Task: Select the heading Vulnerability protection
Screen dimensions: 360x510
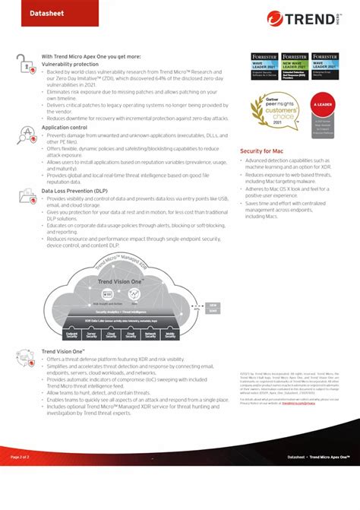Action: [74, 65]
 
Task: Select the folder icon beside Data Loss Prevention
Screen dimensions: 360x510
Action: [27, 197]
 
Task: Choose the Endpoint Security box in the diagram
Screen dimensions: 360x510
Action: [73, 334]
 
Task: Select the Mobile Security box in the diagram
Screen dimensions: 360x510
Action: [169, 334]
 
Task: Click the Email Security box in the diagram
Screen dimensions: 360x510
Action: [131, 334]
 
